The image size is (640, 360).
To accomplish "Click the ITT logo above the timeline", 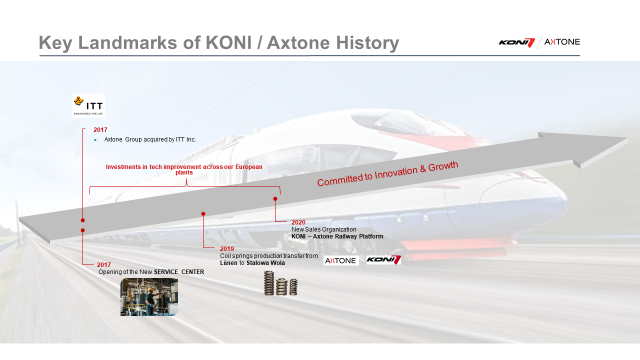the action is coord(88,105).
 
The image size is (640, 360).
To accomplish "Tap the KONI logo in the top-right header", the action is coord(516,42).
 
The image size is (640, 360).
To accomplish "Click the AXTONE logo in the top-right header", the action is coord(562,42).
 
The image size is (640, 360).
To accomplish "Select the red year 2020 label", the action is coord(298,222).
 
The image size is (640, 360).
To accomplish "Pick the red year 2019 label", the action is coord(227,249).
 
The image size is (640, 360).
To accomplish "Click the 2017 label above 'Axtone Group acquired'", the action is coord(100,130).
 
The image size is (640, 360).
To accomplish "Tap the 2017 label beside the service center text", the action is coord(103,265).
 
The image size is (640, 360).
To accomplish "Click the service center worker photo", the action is coord(149,297).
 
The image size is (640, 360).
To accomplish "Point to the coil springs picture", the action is coord(280,283).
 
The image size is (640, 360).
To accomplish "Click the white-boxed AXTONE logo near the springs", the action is coord(341,260).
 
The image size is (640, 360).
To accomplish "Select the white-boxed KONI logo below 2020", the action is coord(383,260).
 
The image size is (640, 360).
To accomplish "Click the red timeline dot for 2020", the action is coord(275,199).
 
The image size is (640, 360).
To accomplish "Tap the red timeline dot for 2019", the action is coord(203,213).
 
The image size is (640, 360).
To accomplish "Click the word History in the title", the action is coord(367,43).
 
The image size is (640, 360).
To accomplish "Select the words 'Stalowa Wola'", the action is coord(265,263).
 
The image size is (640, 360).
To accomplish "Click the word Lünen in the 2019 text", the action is coord(228,263).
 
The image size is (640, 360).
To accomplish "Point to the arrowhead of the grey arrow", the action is coord(627,138).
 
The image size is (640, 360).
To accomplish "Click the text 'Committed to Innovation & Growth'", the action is coord(387,173).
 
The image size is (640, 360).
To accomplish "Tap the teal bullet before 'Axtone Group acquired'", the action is coord(95,140).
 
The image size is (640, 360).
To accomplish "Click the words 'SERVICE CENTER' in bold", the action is coord(179,272).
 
